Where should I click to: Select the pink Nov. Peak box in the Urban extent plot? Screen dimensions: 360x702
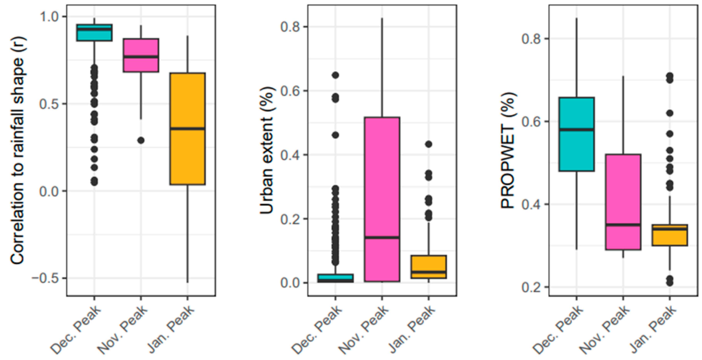tap(382, 177)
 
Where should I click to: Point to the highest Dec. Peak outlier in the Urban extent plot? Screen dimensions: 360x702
tap(336, 75)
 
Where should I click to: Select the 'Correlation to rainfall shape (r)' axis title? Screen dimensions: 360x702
tap(18, 150)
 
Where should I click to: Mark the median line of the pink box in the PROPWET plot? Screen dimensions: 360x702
tap(623, 225)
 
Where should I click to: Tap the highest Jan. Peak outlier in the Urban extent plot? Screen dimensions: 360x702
tap(429, 144)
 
